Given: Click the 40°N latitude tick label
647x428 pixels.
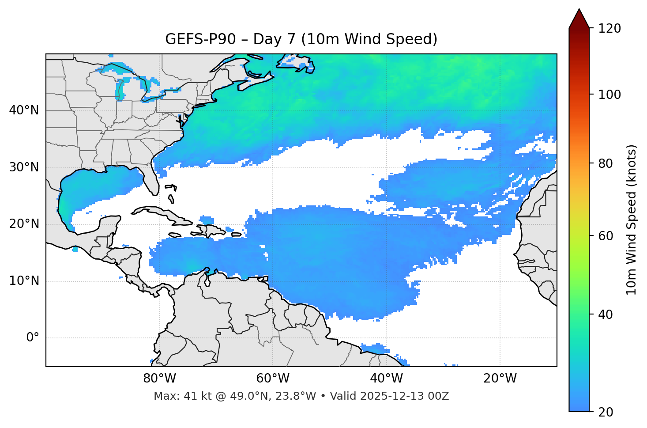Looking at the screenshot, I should click(24, 110).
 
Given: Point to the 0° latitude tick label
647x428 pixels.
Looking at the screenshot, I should click(33, 338).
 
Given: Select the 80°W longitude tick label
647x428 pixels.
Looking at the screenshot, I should click(159, 379).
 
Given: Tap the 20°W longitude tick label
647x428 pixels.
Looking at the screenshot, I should click(500, 379).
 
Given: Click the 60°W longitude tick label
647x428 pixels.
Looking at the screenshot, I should click(273, 379).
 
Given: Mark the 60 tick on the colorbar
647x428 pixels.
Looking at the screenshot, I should click(606, 236).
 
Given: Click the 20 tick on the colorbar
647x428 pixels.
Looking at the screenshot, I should click(606, 412).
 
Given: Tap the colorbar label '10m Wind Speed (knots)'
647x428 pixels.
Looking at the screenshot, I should click(632, 220).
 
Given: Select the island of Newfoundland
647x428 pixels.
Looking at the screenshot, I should click(296, 62).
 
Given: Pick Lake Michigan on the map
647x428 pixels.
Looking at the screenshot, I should click(120, 90).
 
